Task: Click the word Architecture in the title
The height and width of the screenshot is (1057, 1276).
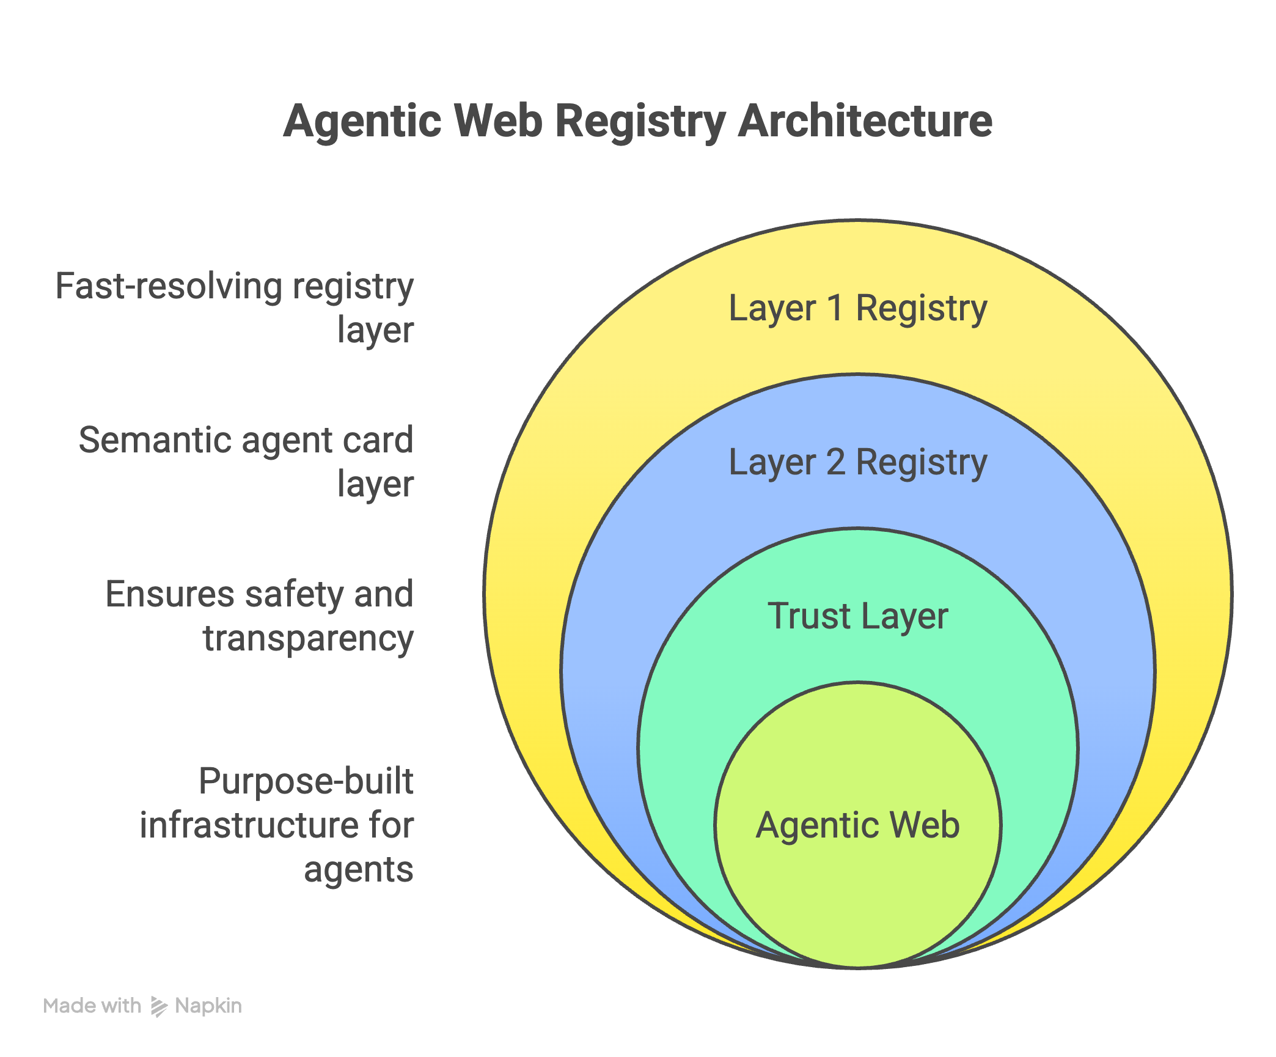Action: tap(865, 121)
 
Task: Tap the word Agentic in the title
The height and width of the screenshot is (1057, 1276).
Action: tap(362, 121)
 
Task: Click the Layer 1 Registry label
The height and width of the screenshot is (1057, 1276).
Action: tap(857, 308)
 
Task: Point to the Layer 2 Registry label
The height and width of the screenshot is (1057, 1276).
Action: tap(857, 462)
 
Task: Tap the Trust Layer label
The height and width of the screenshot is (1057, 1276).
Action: tap(857, 616)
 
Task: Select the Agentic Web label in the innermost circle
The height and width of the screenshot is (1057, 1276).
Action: tap(857, 825)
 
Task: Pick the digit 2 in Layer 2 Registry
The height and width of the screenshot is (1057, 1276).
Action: tap(835, 462)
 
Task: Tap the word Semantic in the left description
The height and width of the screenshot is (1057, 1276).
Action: tap(155, 440)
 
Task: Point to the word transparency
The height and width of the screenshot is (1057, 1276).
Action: tap(308, 639)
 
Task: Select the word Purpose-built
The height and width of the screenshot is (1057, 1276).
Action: tap(306, 781)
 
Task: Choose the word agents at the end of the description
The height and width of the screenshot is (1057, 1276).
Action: tap(359, 869)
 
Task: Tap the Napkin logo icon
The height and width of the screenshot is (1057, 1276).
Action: tap(159, 1006)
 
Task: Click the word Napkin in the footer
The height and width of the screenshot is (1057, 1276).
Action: tap(208, 1006)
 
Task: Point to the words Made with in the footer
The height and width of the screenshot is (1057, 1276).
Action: tap(92, 1006)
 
